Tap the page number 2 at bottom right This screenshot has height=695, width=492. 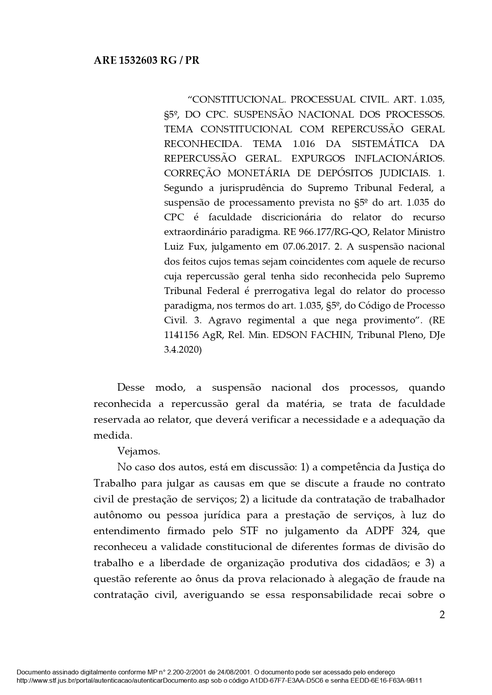442,615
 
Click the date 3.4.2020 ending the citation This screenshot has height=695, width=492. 183,349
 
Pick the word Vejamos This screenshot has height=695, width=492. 139,451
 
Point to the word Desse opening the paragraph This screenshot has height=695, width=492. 131,387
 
